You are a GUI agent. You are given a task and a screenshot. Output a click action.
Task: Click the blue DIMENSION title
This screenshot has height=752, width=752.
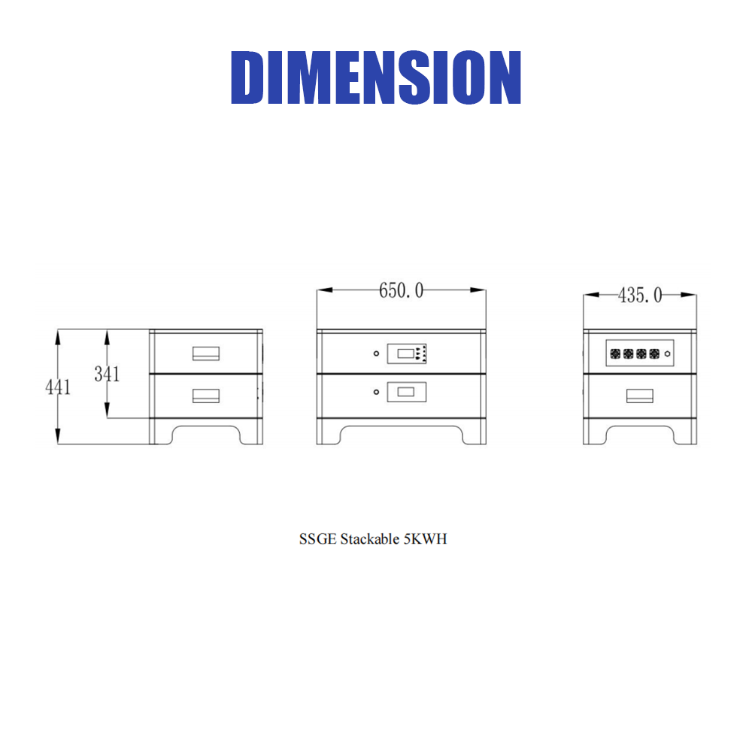click(376, 77)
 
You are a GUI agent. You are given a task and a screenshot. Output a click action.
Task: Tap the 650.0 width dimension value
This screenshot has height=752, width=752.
click(402, 290)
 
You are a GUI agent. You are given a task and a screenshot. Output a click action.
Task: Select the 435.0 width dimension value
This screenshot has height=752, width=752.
click(640, 296)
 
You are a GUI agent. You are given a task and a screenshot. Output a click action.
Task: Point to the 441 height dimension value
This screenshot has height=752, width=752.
click(58, 387)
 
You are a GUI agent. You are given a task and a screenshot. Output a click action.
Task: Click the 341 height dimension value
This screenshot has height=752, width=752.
click(107, 374)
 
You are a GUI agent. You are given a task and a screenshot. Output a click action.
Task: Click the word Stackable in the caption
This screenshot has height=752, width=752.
click(370, 539)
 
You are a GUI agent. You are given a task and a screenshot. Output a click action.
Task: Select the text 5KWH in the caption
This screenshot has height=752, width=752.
click(426, 539)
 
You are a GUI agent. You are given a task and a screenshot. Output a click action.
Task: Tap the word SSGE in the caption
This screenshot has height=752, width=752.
click(317, 539)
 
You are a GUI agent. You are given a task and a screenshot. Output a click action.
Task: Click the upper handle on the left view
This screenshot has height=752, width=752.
click(206, 353)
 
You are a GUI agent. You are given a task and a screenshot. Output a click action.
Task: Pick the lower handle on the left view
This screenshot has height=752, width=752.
click(206, 396)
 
